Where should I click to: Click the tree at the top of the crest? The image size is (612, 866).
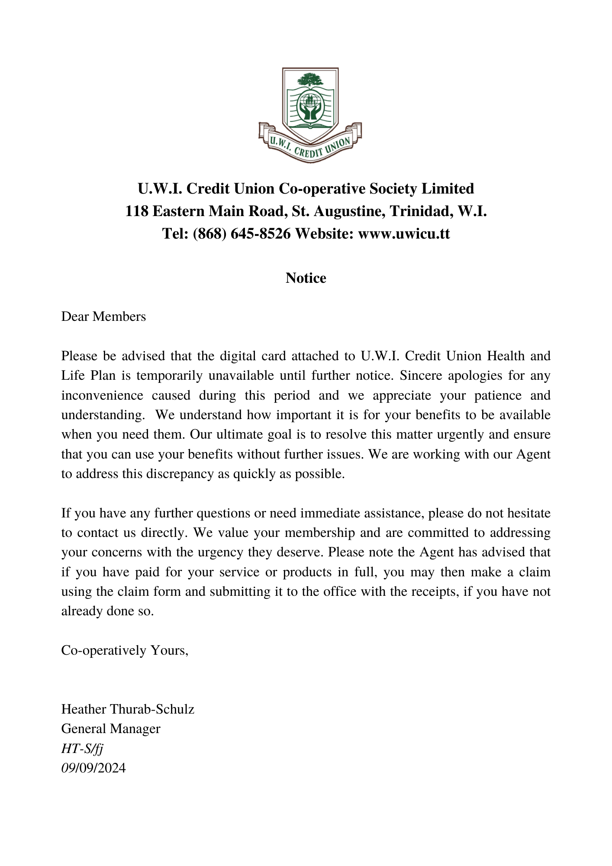pos(310,80)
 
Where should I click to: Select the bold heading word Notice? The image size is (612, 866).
pos(306,278)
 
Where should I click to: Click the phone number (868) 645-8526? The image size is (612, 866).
pos(242,234)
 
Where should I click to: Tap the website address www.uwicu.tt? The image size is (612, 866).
pos(404,234)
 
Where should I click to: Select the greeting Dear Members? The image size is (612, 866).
pos(103,317)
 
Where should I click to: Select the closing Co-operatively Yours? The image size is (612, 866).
pos(125,650)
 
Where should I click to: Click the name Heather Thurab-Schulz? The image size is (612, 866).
pos(128,709)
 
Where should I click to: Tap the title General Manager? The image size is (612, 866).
pos(111,729)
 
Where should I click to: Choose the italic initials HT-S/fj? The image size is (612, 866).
pos(82,749)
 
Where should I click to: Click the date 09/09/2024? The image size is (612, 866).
pos(93,768)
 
